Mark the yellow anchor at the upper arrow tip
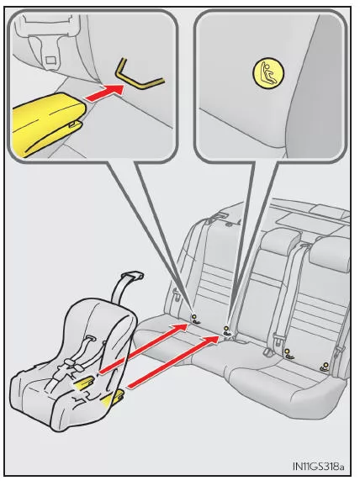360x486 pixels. tap(195, 319)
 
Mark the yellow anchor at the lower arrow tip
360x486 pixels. tap(226, 330)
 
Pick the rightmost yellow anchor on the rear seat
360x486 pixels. tap(324, 366)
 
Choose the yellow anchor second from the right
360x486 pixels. tap(289, 352)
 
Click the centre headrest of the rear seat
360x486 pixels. tap(278, 243)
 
